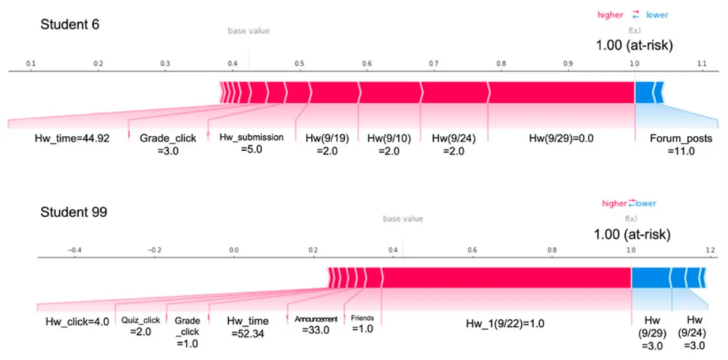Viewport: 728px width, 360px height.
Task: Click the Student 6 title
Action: point(70,25)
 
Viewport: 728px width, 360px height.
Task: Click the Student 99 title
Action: point(73,212)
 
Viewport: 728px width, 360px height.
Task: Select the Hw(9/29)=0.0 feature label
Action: point(561,138)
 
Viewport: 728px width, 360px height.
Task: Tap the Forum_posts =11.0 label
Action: point(681,144)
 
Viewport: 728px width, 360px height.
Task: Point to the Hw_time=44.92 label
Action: point(72,138)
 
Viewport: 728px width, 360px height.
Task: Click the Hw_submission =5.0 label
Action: point(251,143)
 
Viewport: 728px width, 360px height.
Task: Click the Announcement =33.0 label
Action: point(316,324)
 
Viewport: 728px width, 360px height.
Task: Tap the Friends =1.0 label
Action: point(362,324)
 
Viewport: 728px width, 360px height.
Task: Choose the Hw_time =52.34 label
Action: point(247,327)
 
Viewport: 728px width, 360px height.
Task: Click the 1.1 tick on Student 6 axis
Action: point(702,63)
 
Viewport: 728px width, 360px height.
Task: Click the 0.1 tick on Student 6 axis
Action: point(30,63)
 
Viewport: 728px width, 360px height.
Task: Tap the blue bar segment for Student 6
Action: point(647,92)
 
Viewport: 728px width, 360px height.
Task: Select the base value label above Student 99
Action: point(402,219)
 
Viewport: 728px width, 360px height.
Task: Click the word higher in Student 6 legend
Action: point(610,15)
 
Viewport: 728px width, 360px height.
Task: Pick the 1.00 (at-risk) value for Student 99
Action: point(632,234)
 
